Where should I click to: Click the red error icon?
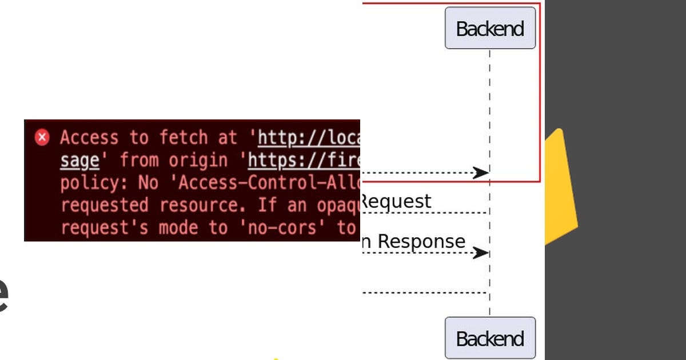(42, 138)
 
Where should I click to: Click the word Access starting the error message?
(89, 138)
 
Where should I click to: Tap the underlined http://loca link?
(309, 138)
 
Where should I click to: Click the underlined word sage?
(79, 161)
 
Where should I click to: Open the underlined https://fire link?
(304, 161)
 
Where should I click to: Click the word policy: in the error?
(94, 183)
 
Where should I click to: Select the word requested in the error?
(105, 205)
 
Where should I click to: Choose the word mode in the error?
(182, 227)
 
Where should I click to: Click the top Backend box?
(490, 28)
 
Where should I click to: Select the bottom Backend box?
(490, 338)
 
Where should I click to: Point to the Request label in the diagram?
(396, 201)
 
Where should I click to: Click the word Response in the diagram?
(421, 241)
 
